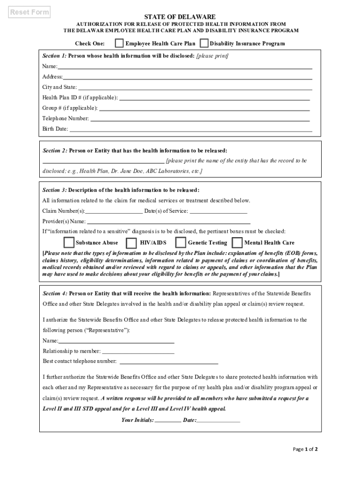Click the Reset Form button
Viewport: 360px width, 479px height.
[30, 13]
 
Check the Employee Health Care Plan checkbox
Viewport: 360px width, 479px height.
[120, 44]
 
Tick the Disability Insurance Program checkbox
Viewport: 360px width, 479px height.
[204, 44]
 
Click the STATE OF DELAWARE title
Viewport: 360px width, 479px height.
[180, 17]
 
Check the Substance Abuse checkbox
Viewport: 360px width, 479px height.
[69, 243]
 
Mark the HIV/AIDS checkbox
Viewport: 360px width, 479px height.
[132, 243]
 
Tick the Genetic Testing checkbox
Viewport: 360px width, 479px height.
[180, 243]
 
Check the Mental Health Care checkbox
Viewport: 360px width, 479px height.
[237, 243]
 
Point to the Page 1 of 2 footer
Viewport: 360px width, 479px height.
[305, 450]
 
